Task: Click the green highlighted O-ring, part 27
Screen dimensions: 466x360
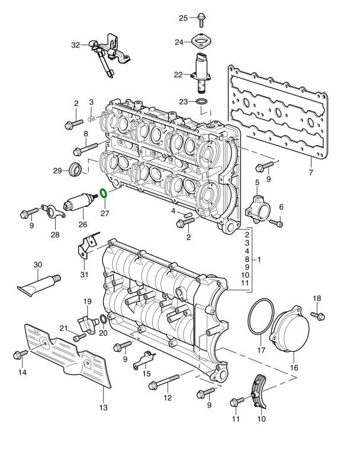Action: click(102, 193)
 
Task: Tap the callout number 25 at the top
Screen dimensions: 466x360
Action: click(184, 18)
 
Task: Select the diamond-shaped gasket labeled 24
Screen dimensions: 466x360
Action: click(202, 41)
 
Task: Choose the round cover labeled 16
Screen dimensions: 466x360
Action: click(290, 333)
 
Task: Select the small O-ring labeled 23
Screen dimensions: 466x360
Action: click(202, 102)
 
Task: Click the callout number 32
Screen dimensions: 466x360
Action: click(75, 44)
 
